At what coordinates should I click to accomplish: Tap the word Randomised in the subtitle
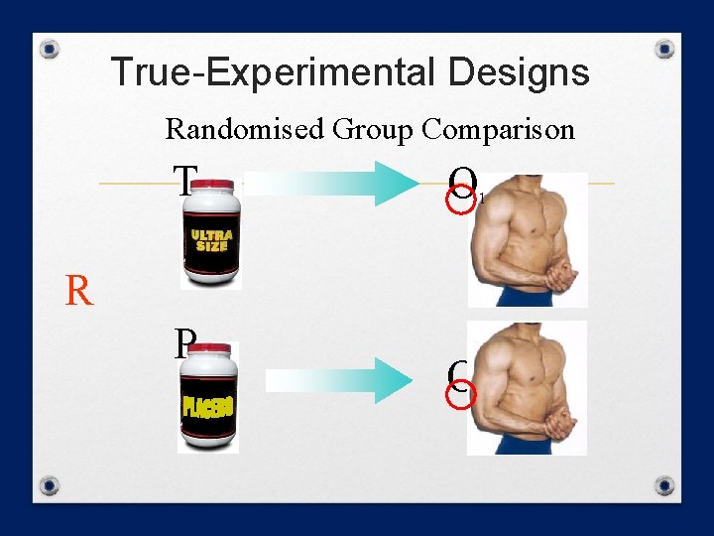tap(245, 129)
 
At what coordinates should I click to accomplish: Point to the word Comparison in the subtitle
tap(498, 129)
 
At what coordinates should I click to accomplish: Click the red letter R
tap(79, 292)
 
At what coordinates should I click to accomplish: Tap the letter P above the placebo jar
tap(182, 343)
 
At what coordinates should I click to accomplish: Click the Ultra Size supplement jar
tap(211, 236)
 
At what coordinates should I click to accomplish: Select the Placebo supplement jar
tap(209, 398)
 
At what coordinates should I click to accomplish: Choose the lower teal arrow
tap(342, 379)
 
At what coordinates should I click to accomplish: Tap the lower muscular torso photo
tap(528, 388)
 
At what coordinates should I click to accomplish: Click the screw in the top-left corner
tap(52, 49)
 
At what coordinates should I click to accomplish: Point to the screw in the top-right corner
tap(665, 49)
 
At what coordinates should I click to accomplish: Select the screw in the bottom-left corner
tap(49, 486)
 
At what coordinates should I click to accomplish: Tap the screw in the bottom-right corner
tap(665, 486)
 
